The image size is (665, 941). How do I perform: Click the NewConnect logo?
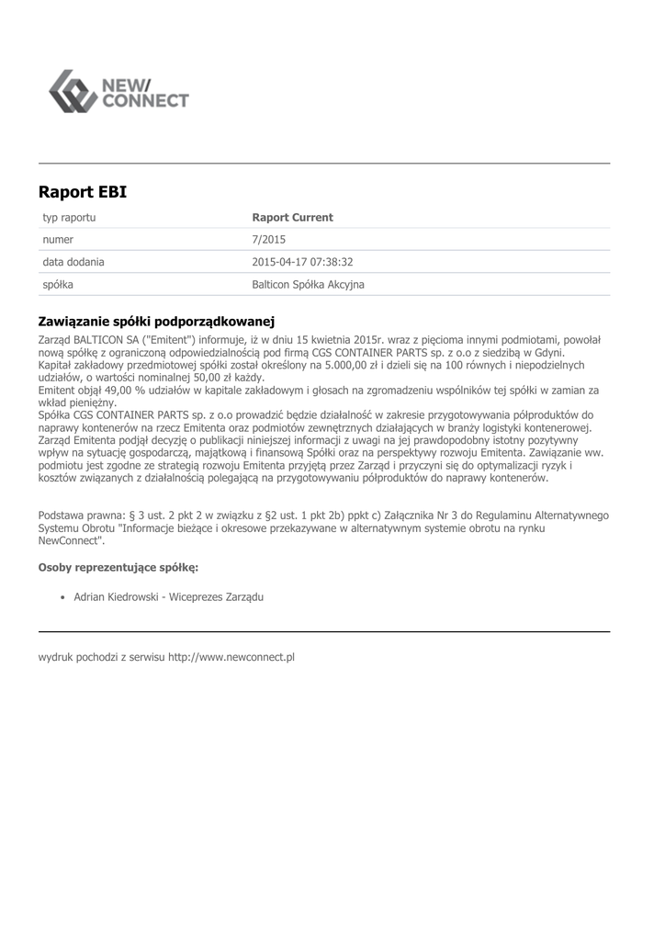click(x=118, y=91)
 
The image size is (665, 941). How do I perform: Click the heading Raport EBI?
click(x=83, y=192)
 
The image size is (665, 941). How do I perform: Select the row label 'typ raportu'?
click(x=70, y=218)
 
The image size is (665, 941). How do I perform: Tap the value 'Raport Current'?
click(x=292, y=218)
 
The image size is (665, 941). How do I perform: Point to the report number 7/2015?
click(x=268, y=240)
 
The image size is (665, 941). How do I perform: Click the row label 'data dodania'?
click(x=73, y=262)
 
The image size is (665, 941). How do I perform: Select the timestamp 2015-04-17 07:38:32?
click(x=302, y=262)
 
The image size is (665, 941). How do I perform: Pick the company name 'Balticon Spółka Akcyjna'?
click(x=308, y=285)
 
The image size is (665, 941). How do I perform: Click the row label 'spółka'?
click(x=58, y=285)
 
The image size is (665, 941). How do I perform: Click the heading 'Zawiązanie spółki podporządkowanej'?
click(x=157, y=322)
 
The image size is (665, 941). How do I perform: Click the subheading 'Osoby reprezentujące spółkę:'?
click(x=118, y=568)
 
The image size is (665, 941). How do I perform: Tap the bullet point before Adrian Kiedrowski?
click(x=61, y=597)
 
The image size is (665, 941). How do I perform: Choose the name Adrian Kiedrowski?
click(x=120, y=597)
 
